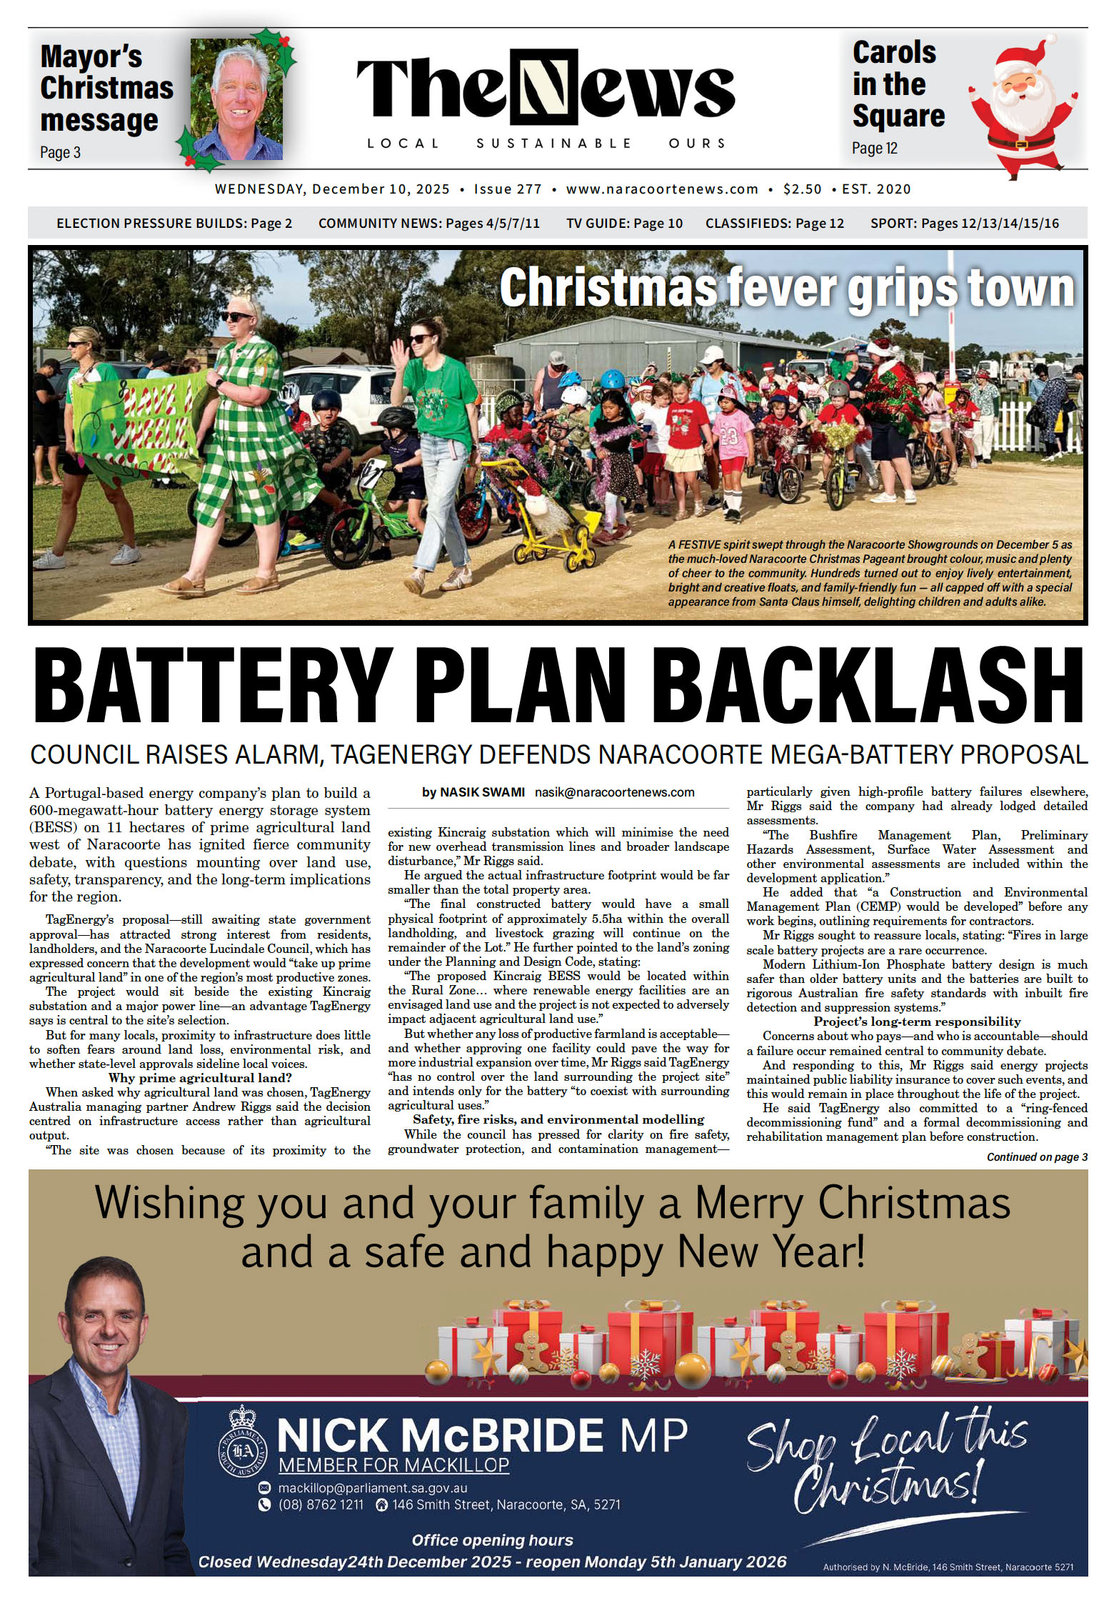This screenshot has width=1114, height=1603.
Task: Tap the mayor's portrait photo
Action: [236, 100]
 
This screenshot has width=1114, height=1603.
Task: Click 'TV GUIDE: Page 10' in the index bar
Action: [624, 224]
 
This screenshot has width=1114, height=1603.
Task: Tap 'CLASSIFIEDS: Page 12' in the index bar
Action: [775, 224]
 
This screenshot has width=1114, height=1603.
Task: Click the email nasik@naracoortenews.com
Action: [614, 792]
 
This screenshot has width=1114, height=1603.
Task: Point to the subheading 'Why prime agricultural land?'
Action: [200, 1078]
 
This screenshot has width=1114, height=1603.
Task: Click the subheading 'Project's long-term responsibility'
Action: [917, 1022]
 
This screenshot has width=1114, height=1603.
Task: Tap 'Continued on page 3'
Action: [1036, 1157]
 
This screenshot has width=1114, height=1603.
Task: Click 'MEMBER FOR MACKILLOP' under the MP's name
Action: [393, 1466]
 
